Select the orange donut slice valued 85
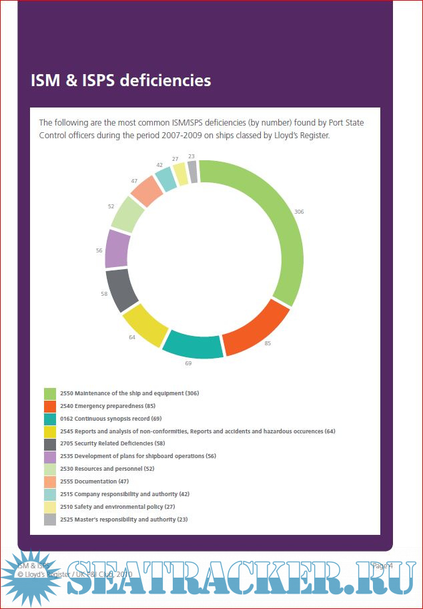pyautogui.click(x=256, y=327)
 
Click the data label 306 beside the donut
pyautogui.click(x=299, y=212)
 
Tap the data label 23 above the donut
pyautogui.click(x=191, y=157)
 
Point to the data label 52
pyautogui.click(x=111, y=206)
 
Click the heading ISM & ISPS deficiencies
pyautogui.click(x=121, y=81)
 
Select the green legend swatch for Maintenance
pyautogui.click(x=50, y=393)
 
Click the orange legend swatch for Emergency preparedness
pyautogui.click(x=50, y=406)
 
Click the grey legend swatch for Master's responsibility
pyautogui.click(x=50, y=520)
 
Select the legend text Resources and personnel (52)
pyautogui.click(x=115, y=469)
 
